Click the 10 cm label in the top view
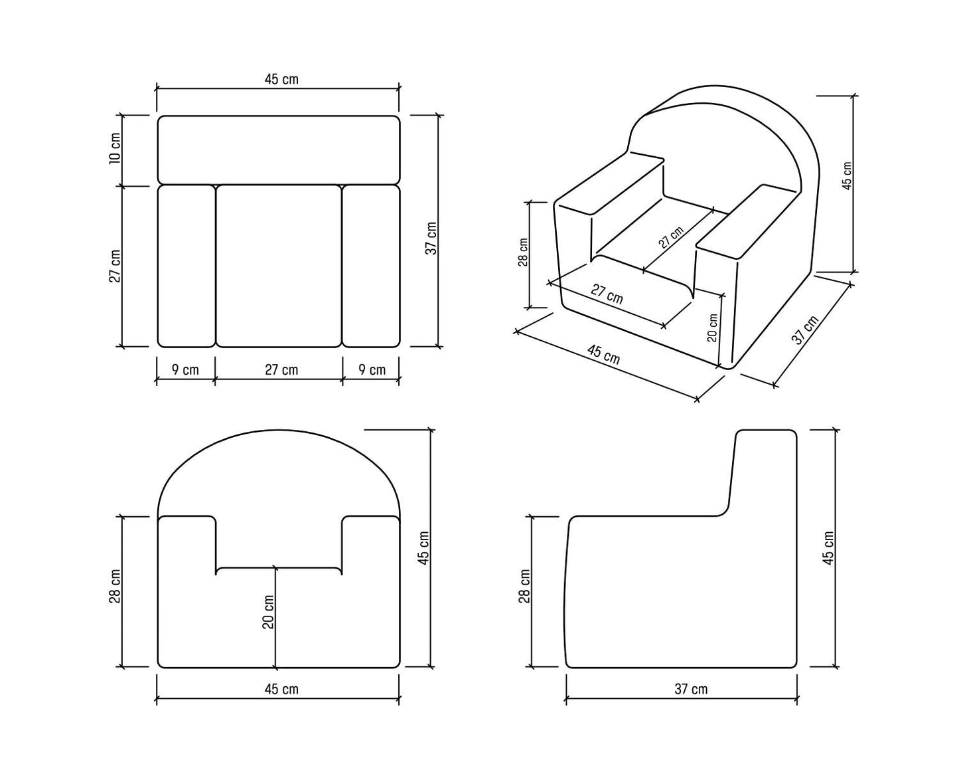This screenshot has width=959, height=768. pyautogui.click(x=115, y=148)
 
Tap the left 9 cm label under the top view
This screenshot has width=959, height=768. pyautogui.click(x=185, y=370)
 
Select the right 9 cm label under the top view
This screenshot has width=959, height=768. pyautogui.click(x=372, y=370)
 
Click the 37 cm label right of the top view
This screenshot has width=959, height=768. pyautogui.click(x=431, y=239)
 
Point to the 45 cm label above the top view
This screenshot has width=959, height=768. pyautogui.click(x=281, y=80)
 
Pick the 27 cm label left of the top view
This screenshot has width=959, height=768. pyautogui.click(x=115, y=266)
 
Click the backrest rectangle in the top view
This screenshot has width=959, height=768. pyautogui.click(x=279, y=150)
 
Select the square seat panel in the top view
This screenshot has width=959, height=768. pyautogui.click(x=279, y=266)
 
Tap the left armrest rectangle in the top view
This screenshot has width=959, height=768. pyautogui.click(x=186, y=266)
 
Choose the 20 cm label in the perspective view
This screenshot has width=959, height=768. pyautogui.click(x=712, y=328)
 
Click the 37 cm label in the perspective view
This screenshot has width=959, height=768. pyautogui.click(x=805, y=330)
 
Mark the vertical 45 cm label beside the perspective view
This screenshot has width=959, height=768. pyautogui.click(x=847, y=175)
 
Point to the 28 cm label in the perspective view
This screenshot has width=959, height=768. pyautogui.click(x=523, y=252)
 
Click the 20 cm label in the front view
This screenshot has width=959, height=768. pyautogui.click(x=268, y=612)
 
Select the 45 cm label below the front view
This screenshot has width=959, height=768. pyautogui.click(x=281, y=690)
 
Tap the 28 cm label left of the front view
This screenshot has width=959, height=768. pyautogui.click(x=115, y=587)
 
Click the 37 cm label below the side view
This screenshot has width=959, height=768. pyautogui.click(x=691, y=690)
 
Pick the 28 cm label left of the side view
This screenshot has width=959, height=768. pyautogui.click(x=525, y=587)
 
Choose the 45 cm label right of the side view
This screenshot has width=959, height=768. pyautogui.click(x=828, y=549)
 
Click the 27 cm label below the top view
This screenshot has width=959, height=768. pyautogui.click(x=281, y=370)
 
